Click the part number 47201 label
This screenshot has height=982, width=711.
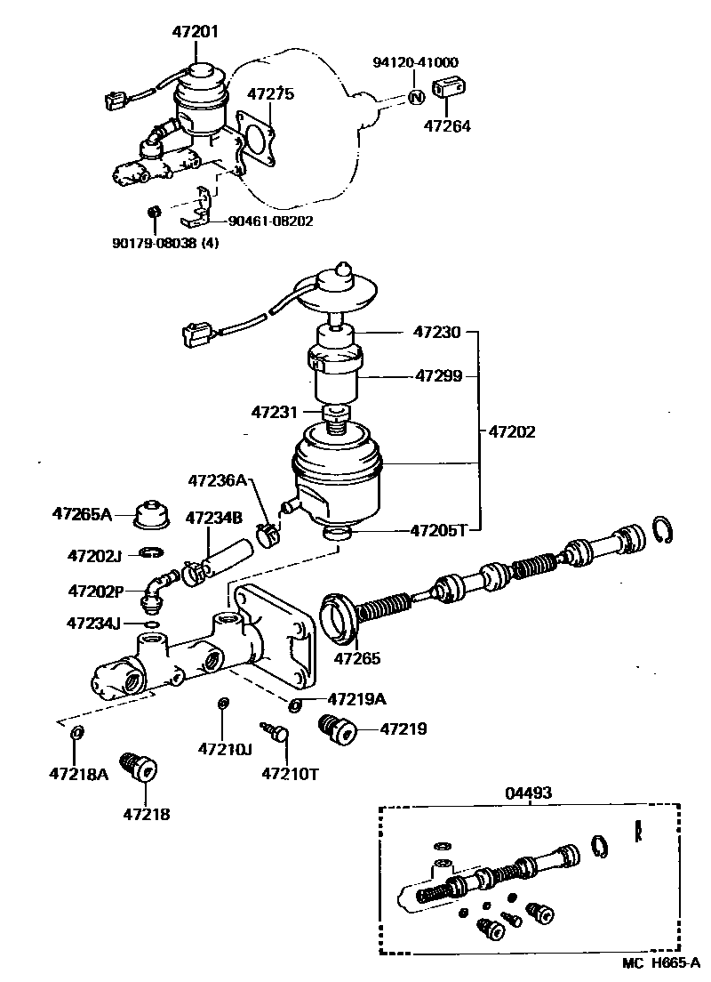tap(195, 31)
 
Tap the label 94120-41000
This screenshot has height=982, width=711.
tap(415, 62)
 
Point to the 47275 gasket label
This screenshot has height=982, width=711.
tap(270, 94)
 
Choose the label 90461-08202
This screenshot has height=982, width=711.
tap(269, 221)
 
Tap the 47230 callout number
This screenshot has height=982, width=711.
tap(437, 333)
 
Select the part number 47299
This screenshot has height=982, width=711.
tap(438, 376)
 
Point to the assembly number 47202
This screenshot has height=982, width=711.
tap(512, 431)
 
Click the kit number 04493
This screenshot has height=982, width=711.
tap(529, 792)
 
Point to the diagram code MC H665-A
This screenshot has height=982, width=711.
tap(660, 963)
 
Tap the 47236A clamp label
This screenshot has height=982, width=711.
tap(216, 480)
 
